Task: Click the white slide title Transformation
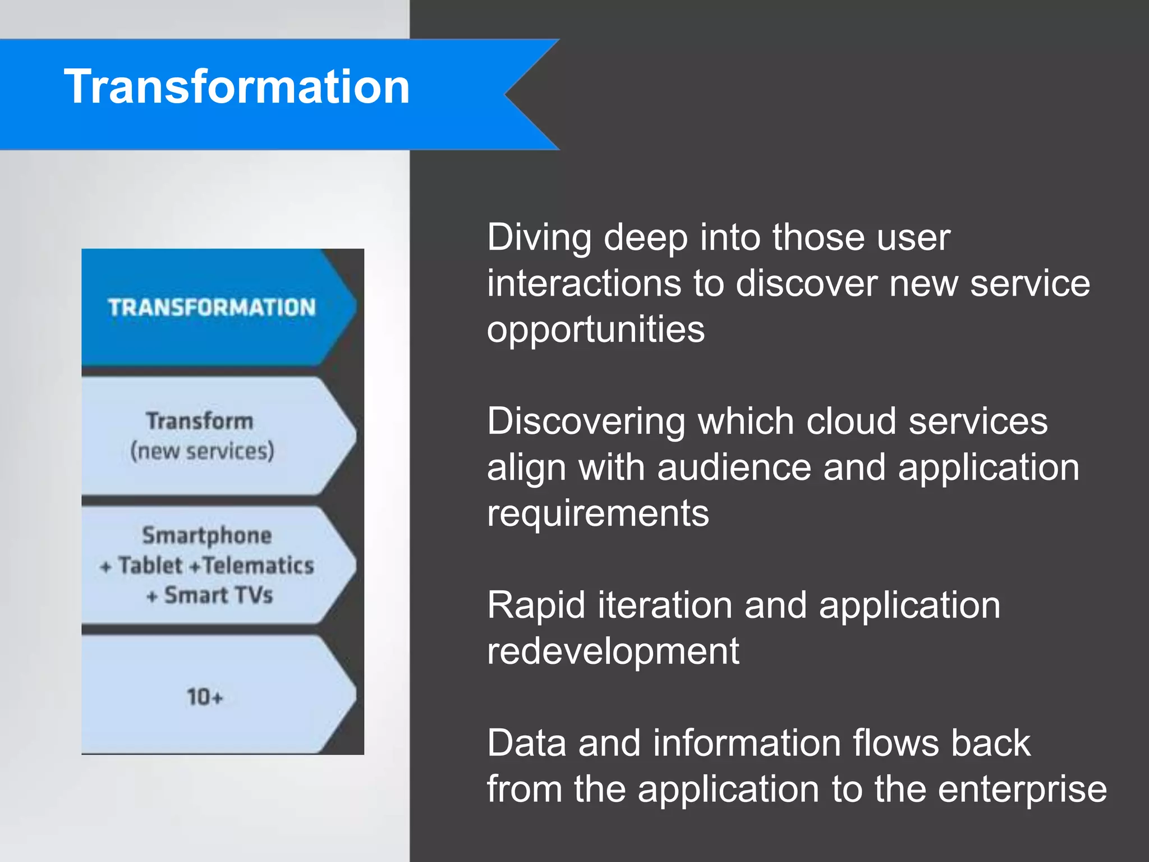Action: pos(237,87)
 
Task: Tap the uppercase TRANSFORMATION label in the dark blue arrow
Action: pos(212,308)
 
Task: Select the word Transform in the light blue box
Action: pos(200,421)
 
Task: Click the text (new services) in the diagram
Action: pos(202,451)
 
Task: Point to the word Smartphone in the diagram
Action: pos(207,535)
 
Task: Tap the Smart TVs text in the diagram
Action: pos(218,595)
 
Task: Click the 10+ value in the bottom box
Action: pos(205,698)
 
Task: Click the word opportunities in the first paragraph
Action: pos(595,330)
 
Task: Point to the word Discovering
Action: pos(586,422)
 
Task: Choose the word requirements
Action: pos(598,513)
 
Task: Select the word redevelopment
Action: pos(613,652)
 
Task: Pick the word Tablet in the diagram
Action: pos(150,566)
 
